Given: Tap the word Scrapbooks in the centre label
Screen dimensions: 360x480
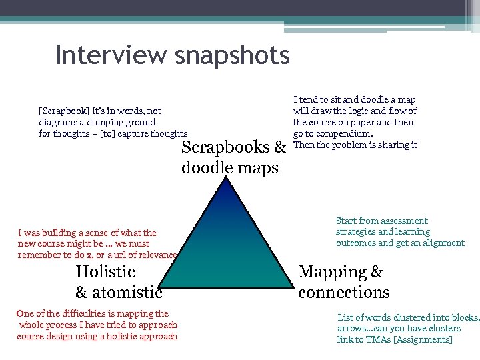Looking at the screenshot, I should [x=226, y=147].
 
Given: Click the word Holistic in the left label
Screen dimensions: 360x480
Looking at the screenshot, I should [x=105, y=272].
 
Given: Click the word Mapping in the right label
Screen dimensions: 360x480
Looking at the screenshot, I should [x=332, y=272].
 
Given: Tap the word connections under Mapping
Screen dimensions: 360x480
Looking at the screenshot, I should [x=343, y=293].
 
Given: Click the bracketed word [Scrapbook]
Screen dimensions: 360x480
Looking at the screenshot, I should [x=64, y=111].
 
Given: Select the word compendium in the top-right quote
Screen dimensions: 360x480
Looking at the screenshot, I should [x=344, y=134].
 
